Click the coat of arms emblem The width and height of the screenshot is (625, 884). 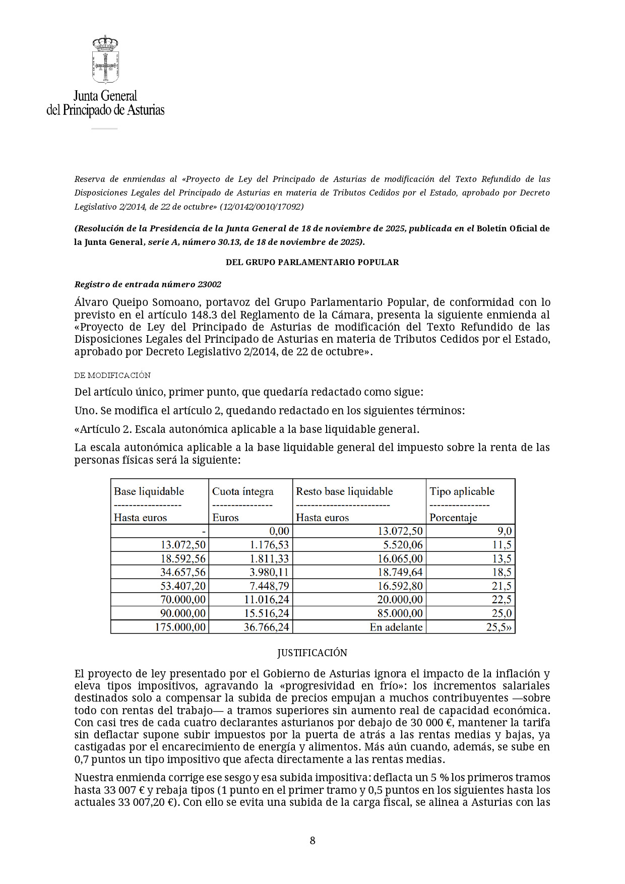point(105,59)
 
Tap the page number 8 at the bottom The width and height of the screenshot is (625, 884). point(312,840)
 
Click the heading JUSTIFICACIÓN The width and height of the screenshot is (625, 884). point(312,653)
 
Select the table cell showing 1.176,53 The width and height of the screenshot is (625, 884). point(270,545)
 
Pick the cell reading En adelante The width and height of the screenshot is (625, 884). point(396,627)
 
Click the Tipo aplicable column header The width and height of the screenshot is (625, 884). point(462,491)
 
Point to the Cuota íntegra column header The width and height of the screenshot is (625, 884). point(243,491)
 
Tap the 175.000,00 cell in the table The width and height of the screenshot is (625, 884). point(180,627)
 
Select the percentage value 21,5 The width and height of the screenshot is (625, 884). point(502,586)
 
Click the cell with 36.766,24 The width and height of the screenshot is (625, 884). point(267,627)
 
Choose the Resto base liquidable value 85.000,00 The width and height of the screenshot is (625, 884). point(400,613)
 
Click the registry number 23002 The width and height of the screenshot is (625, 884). point(209,284)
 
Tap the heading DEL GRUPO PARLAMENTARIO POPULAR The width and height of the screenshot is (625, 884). point(312,262)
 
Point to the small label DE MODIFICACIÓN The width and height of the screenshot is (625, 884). point(112,375)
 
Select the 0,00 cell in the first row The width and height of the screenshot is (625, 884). point(279,531)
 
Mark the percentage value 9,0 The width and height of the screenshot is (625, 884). point(505,531)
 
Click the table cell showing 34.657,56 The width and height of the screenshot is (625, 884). point(183,572)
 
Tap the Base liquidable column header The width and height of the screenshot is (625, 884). point(149,491)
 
